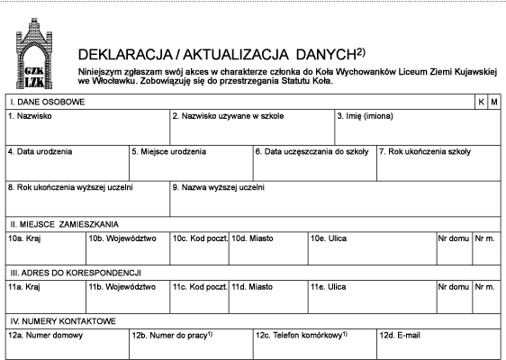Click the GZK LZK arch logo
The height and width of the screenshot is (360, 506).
tap(34, 53)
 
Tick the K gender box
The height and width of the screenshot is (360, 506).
tap(481, 102)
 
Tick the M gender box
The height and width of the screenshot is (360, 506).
tap(494, 102)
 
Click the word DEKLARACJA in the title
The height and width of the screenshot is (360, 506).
tap(125, 55)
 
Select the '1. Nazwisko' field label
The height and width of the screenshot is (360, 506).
tap(30, 116)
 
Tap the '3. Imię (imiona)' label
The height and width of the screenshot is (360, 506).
tap(365, 116)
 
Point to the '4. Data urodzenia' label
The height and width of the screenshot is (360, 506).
tap(40, 151)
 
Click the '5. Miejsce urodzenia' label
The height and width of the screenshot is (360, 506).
tap(168, 151)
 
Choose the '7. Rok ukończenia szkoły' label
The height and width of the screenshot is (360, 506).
tap(425, 151)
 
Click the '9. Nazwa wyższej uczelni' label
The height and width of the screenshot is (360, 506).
tap(219, 187)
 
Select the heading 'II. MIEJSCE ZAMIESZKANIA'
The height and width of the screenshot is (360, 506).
tap(65, 224)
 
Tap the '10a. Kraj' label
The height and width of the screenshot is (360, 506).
tap(24, 238)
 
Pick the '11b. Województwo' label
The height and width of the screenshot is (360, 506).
tap(122, 287)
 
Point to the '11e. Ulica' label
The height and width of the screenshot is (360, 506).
tap(329, 287)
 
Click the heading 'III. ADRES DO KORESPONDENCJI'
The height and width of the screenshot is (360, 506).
tap(76, 273)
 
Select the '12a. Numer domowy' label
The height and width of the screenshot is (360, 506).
tap(46, 336)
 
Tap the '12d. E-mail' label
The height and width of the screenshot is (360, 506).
tap(400, 336)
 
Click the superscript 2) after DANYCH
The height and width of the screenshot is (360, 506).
tap(361, 52)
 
